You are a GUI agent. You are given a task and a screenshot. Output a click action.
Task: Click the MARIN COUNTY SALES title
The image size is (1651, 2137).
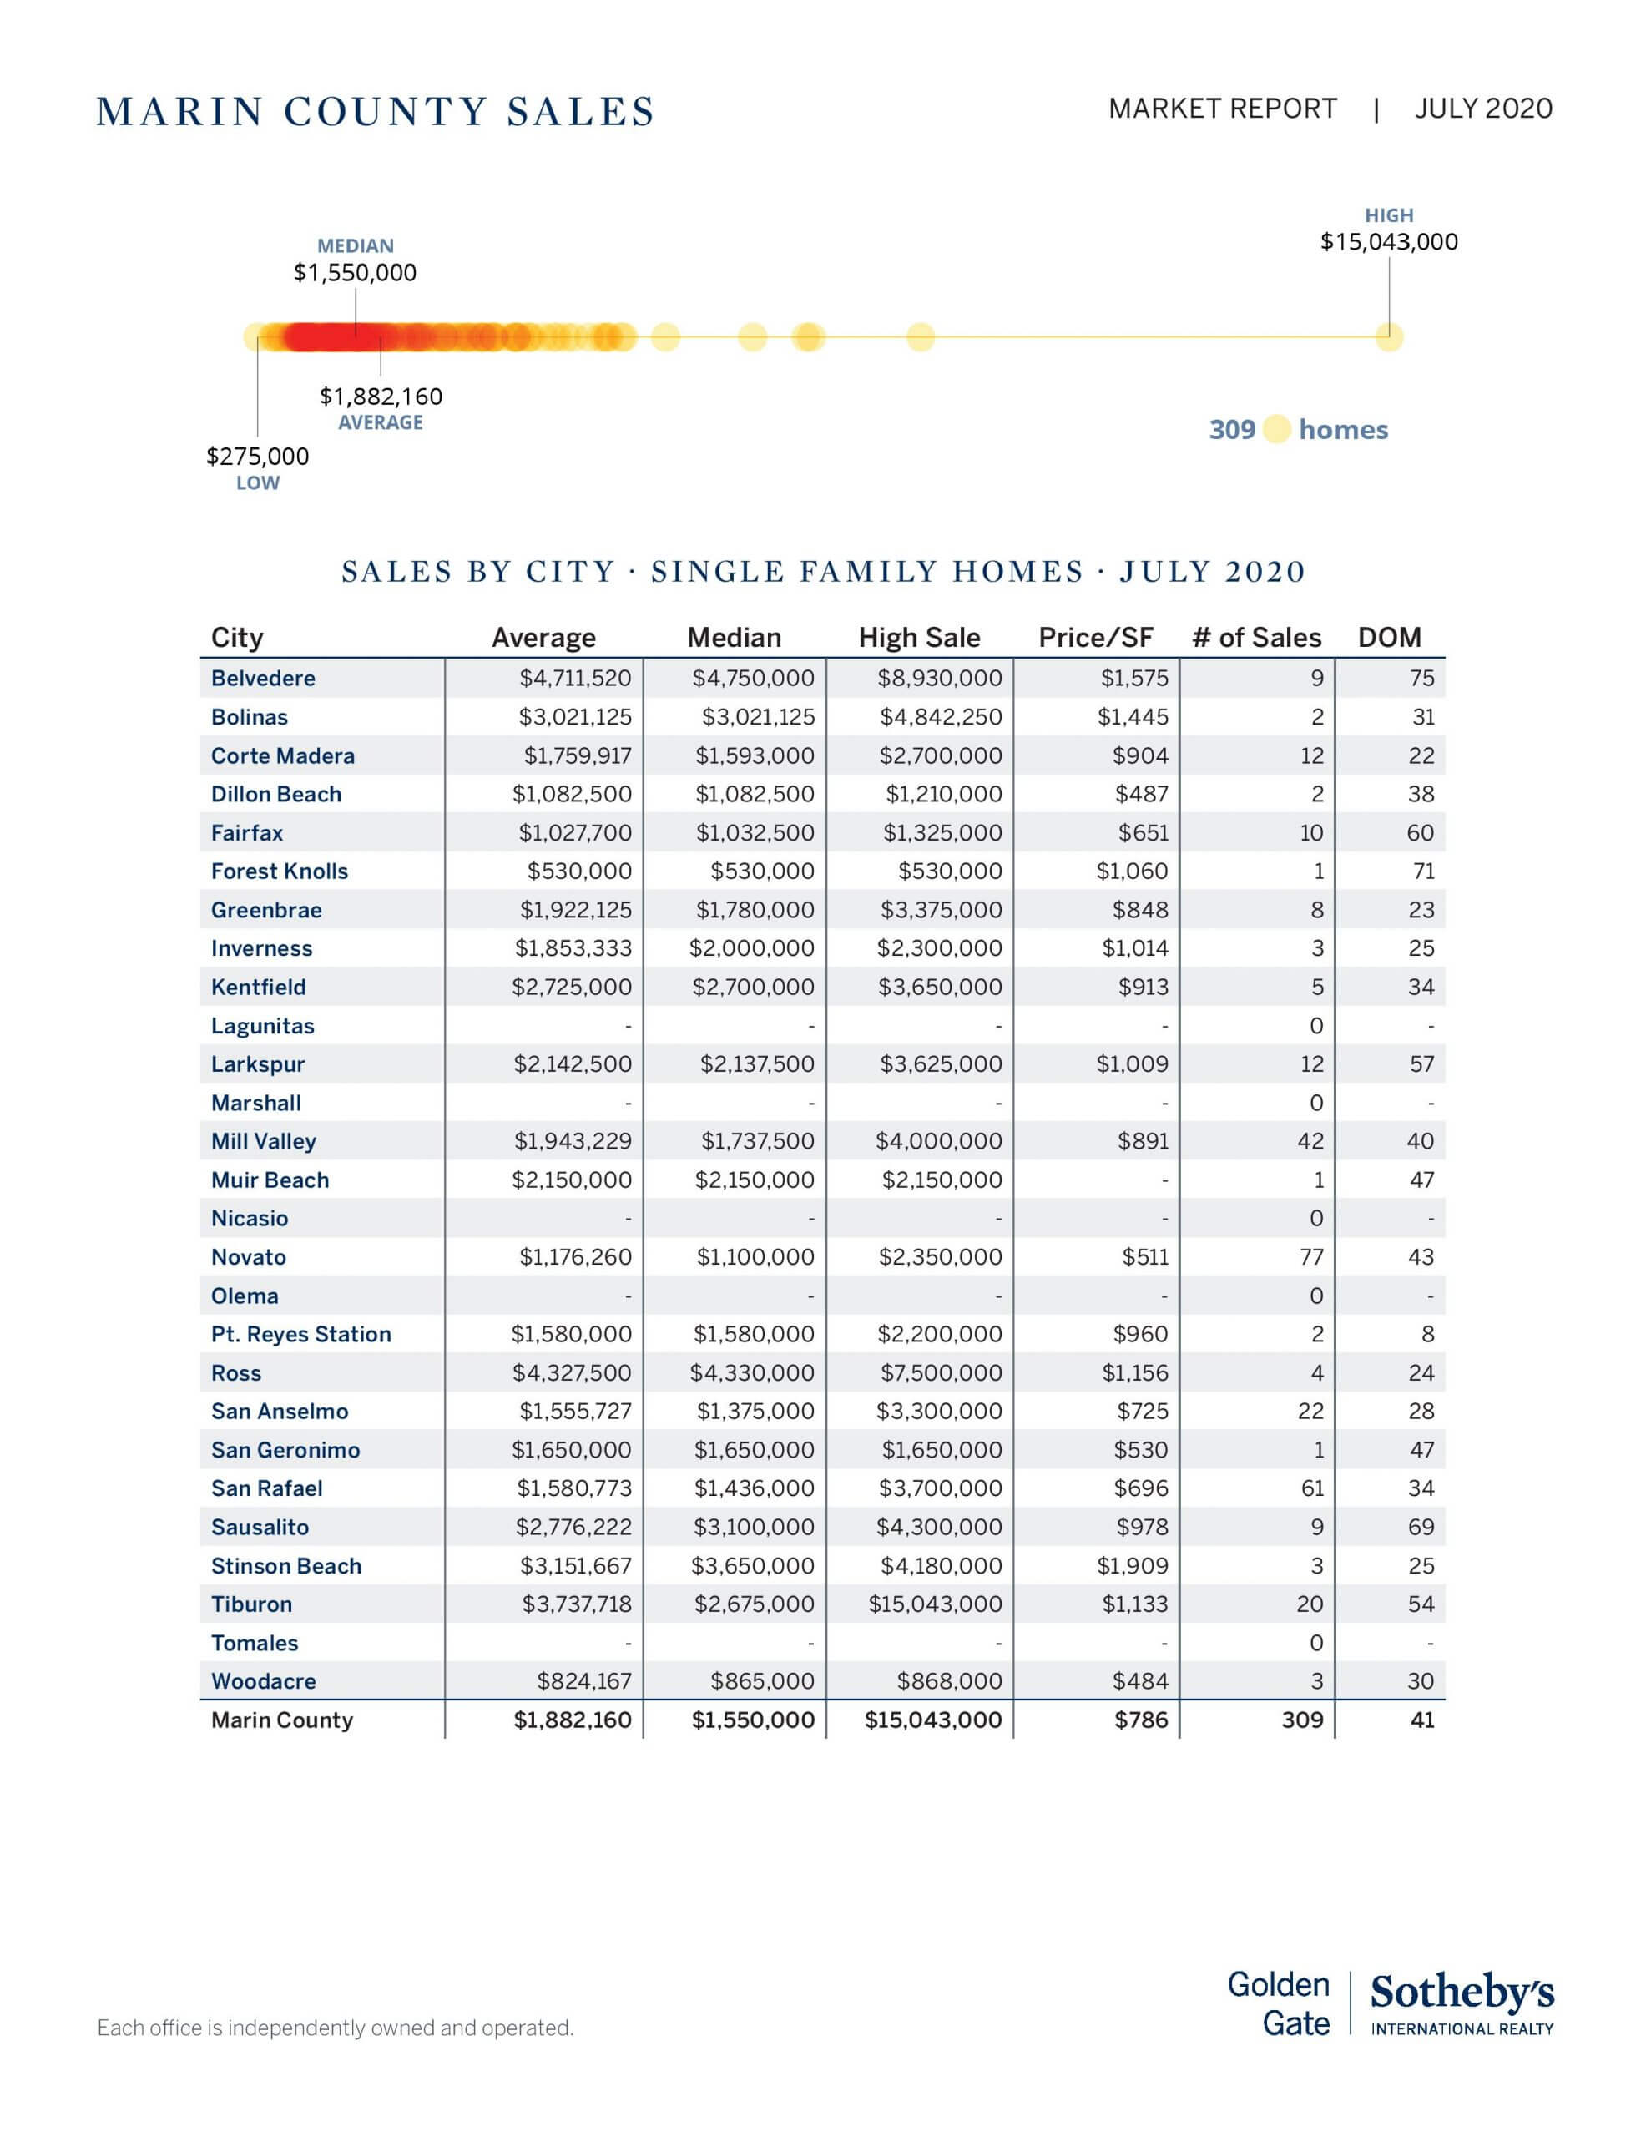coord(376,112)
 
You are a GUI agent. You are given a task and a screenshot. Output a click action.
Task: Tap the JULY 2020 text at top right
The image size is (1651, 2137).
coord(1482,109)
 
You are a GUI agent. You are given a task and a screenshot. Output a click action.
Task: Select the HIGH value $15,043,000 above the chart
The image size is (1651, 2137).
coord(1388,242)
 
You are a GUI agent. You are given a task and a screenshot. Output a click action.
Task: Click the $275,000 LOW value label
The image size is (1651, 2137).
coord(257,456)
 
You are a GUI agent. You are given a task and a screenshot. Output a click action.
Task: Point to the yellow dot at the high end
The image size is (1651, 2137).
coord(1389,337)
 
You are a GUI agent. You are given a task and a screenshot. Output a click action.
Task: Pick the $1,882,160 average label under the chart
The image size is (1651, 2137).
coord(381,397)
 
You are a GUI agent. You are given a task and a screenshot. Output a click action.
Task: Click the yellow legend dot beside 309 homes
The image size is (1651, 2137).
coord(1276,430)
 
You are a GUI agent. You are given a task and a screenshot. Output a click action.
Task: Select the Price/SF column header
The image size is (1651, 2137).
coord(1095,638)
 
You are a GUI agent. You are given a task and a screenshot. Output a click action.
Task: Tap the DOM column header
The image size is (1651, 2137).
coord(1389,638)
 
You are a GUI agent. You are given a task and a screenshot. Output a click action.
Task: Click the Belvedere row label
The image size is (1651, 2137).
coord(263,678)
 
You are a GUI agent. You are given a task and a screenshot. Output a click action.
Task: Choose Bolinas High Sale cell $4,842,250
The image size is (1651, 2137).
coord(941,717)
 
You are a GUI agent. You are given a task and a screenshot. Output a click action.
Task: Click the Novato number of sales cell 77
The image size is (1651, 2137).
coord(1311,1257)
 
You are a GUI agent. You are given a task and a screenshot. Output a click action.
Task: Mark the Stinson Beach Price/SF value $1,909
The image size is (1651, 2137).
coord(1133,1565)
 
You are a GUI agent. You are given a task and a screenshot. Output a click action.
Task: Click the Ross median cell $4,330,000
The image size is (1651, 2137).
coord(751,1373)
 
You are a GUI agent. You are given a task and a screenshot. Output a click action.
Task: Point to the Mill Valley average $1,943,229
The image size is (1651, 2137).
coord(573,1141)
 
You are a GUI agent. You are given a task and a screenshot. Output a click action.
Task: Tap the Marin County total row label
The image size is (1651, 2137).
coord(282,1720)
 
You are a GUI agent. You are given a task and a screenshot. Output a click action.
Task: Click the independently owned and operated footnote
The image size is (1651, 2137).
coord(335,2028)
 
